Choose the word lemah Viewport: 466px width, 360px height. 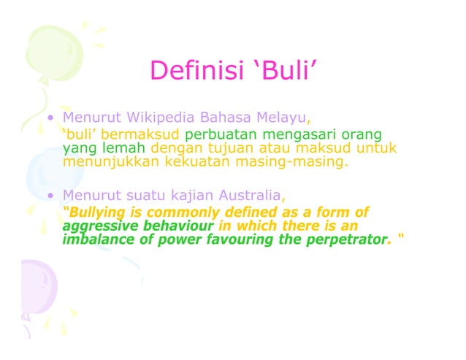(x=112, y=148)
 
